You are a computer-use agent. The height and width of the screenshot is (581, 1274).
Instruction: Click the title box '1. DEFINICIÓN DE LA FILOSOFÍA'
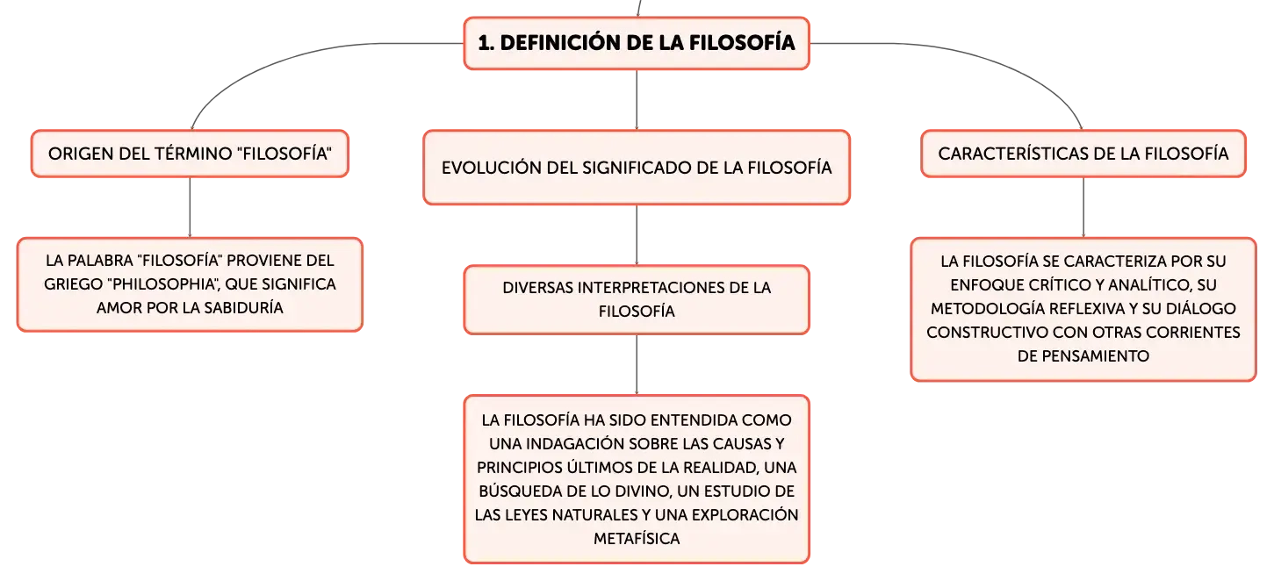click(637, 43)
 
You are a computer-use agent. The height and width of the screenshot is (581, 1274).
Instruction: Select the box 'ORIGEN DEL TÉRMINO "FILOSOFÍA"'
click(190, 154)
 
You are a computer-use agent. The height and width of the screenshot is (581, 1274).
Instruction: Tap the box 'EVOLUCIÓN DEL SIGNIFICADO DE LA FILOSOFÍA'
click(637, 167)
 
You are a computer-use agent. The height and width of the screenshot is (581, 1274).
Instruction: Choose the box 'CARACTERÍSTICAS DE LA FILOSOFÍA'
click(1083, 154)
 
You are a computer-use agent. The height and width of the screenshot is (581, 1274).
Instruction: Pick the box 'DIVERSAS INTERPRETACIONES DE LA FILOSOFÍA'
click(637, 299)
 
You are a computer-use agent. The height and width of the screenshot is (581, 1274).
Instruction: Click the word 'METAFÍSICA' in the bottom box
click(637, 538)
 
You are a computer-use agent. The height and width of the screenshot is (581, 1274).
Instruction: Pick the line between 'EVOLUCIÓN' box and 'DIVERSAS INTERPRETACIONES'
click(637, 235)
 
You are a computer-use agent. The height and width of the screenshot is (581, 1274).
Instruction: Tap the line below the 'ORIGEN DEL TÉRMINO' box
click(190, 207)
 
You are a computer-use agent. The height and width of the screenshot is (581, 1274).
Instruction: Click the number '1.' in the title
click(486, 43)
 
